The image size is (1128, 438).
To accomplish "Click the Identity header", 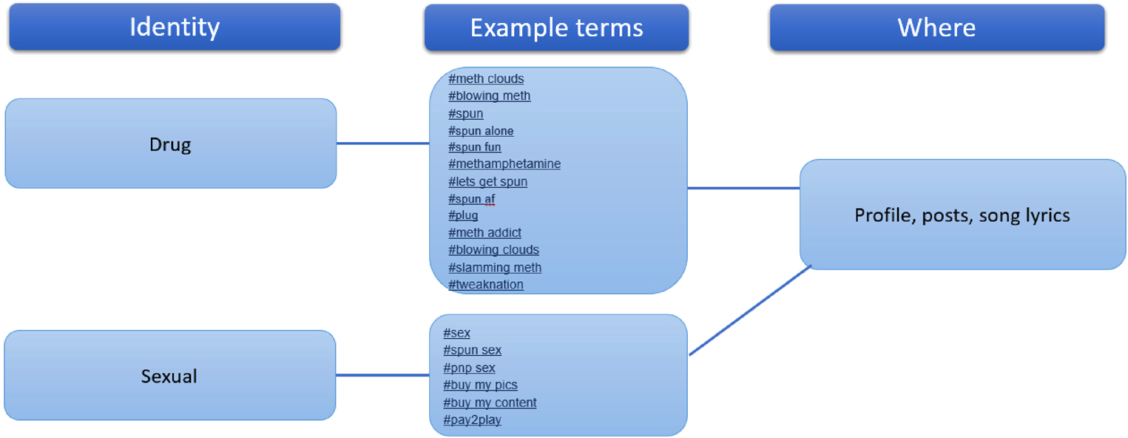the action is (x=175, y=27).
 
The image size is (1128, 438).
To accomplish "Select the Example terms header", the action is (x=556, y=27).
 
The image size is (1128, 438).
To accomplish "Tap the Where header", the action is (x=937, y=27).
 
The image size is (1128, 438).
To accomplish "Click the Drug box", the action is (x=171, y=144).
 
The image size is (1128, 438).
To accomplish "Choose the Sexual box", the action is (x=169, y=375).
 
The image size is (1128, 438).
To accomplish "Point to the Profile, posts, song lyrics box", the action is (x=962, y=215).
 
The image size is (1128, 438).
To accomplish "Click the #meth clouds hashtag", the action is (x=486, y=78).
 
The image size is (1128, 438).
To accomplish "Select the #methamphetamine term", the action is (x=504, y=164).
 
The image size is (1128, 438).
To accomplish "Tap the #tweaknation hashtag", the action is (x=485, y=284).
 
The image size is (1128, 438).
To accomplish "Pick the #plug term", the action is (x=463, y=215).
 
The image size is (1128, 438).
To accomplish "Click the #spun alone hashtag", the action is (x=481, y=131).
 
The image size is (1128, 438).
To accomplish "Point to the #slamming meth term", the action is (x=495, y=267).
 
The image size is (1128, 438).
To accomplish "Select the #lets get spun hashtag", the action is (x=487, y=181).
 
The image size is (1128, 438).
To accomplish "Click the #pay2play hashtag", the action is (x=472, y=420).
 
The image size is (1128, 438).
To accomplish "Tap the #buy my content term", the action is (x=490, y=402).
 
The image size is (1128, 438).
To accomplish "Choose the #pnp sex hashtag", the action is (x=469, y=368).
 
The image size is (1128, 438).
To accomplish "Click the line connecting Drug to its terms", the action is (x=382, y=144).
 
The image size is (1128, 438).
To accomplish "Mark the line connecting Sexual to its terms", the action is (x=382, y=375).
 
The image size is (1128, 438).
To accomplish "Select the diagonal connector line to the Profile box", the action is (x=750, y=310).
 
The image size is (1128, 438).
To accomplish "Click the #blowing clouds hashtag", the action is (x=493, y=250).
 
